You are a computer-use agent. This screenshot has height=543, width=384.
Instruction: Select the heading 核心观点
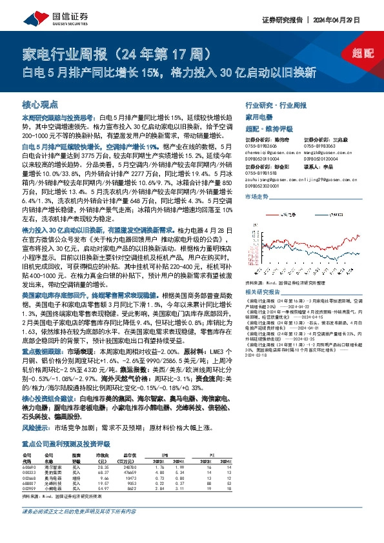[x=40, y=104]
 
